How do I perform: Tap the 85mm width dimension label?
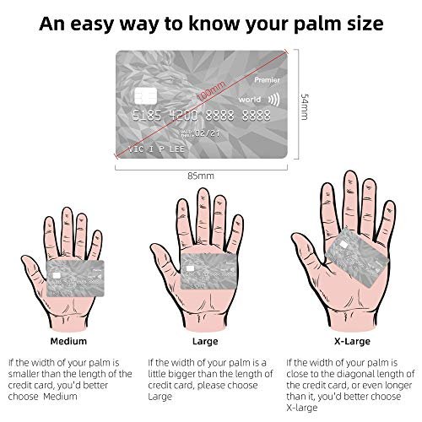pos(201,176)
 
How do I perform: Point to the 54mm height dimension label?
pos(305,106)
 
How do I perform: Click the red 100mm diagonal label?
pos(211,90)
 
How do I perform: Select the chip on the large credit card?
pos(145,95)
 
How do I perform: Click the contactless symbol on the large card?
pos(273,100)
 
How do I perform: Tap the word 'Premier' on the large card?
pos(267,80)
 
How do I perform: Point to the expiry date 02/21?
pos(208,133)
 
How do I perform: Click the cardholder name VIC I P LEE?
pos(156,149)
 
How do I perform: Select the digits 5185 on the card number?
pos(147,116)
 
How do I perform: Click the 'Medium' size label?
pos(68,341)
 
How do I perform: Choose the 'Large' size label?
pos(205,342)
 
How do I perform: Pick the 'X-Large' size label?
pos(352,342)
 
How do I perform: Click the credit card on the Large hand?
pos(208,271)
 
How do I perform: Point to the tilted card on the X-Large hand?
pos(357,257)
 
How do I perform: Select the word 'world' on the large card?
pos(250,100)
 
